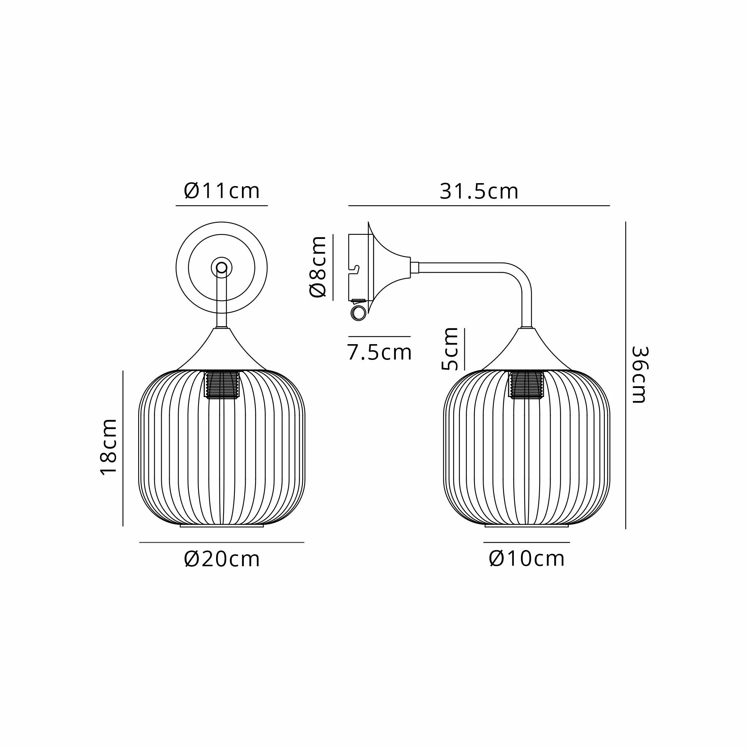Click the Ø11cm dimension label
pos(221,191)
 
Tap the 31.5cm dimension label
pos(479,191)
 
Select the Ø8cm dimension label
pos(318,266)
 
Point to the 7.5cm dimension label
pos(379,352)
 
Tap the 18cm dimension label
pos(109,447)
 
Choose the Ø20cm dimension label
pos(222,559)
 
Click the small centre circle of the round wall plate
pos(222,267)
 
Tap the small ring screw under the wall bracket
pos(358,313)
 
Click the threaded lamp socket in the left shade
pos(222,385)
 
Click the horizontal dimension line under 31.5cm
pos(479,206)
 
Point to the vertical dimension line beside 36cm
pos(626,375)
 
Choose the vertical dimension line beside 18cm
pos(123,448)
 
